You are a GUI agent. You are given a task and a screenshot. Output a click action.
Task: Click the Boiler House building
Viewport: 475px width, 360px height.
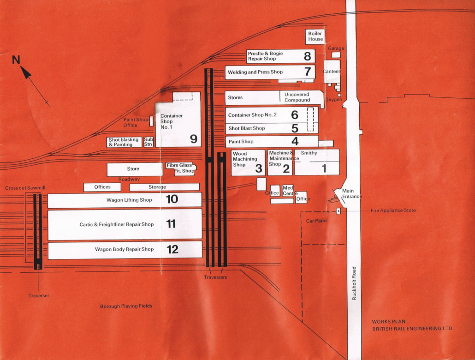point(315,37)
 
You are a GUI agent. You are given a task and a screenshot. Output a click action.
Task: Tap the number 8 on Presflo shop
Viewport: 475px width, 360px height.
point(307,56)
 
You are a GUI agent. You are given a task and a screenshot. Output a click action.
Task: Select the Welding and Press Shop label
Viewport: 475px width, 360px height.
point(255,72)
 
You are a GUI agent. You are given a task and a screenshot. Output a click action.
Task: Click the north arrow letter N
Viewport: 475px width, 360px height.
point(16,60)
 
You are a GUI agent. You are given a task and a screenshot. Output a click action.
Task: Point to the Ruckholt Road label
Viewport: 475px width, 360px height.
point(354,283)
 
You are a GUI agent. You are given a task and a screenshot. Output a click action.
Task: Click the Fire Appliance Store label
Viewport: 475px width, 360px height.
point(393,210)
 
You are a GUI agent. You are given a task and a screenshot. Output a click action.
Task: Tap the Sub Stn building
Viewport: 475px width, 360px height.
point(148,142)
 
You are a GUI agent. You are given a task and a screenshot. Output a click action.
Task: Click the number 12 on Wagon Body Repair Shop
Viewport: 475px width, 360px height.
point(172,249)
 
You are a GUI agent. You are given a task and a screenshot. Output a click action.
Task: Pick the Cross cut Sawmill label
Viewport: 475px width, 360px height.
point(25,188)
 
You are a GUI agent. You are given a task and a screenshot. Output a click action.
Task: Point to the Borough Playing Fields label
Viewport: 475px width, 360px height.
point(126,306)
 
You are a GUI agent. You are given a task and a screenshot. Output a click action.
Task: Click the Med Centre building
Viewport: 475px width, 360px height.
point(288,191)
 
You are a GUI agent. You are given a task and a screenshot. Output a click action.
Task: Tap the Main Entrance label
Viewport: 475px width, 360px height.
point(351,193)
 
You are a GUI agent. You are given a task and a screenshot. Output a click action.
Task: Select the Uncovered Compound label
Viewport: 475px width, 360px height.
point(297,97)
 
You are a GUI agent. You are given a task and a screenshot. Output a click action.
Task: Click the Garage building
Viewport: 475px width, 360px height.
point(336,55)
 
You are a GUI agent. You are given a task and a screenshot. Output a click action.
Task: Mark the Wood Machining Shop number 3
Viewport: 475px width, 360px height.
point(258,168)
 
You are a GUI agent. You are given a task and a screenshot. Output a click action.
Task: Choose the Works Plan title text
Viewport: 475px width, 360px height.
point(413,325)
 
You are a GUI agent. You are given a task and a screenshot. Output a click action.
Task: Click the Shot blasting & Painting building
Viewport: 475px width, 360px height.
point(124,142)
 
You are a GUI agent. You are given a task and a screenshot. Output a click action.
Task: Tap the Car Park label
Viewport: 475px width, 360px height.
point(316,221)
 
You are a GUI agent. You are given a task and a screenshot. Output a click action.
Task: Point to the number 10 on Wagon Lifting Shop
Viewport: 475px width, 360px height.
point(172,199)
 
